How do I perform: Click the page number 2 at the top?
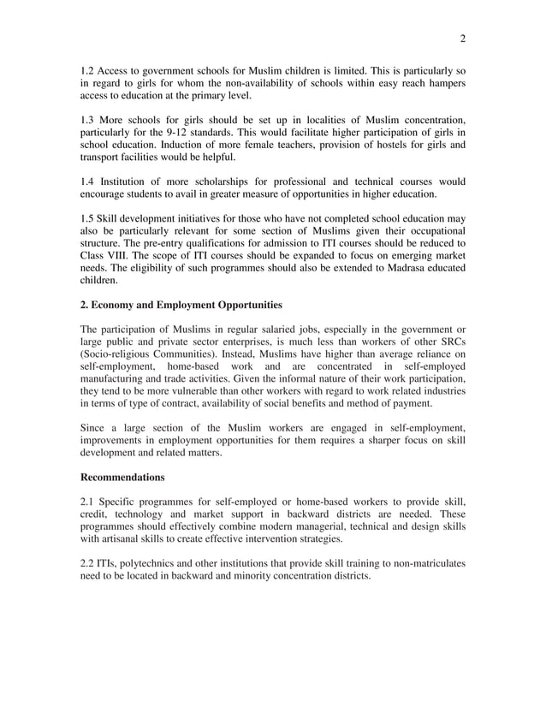(462, 38)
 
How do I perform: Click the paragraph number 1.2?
(87, 69)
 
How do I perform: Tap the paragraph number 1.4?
(87, 181)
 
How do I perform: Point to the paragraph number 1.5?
(87, 219)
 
